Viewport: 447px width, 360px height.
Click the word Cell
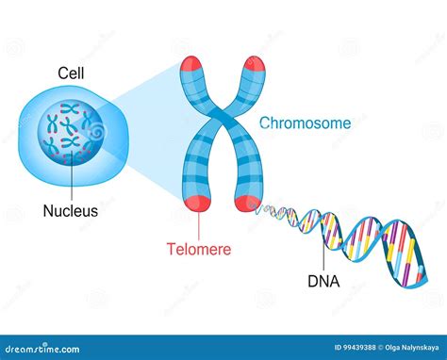pos(68,72)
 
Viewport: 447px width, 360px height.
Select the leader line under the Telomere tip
pos(199,226)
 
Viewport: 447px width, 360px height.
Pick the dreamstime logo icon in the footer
pos(12,348)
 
